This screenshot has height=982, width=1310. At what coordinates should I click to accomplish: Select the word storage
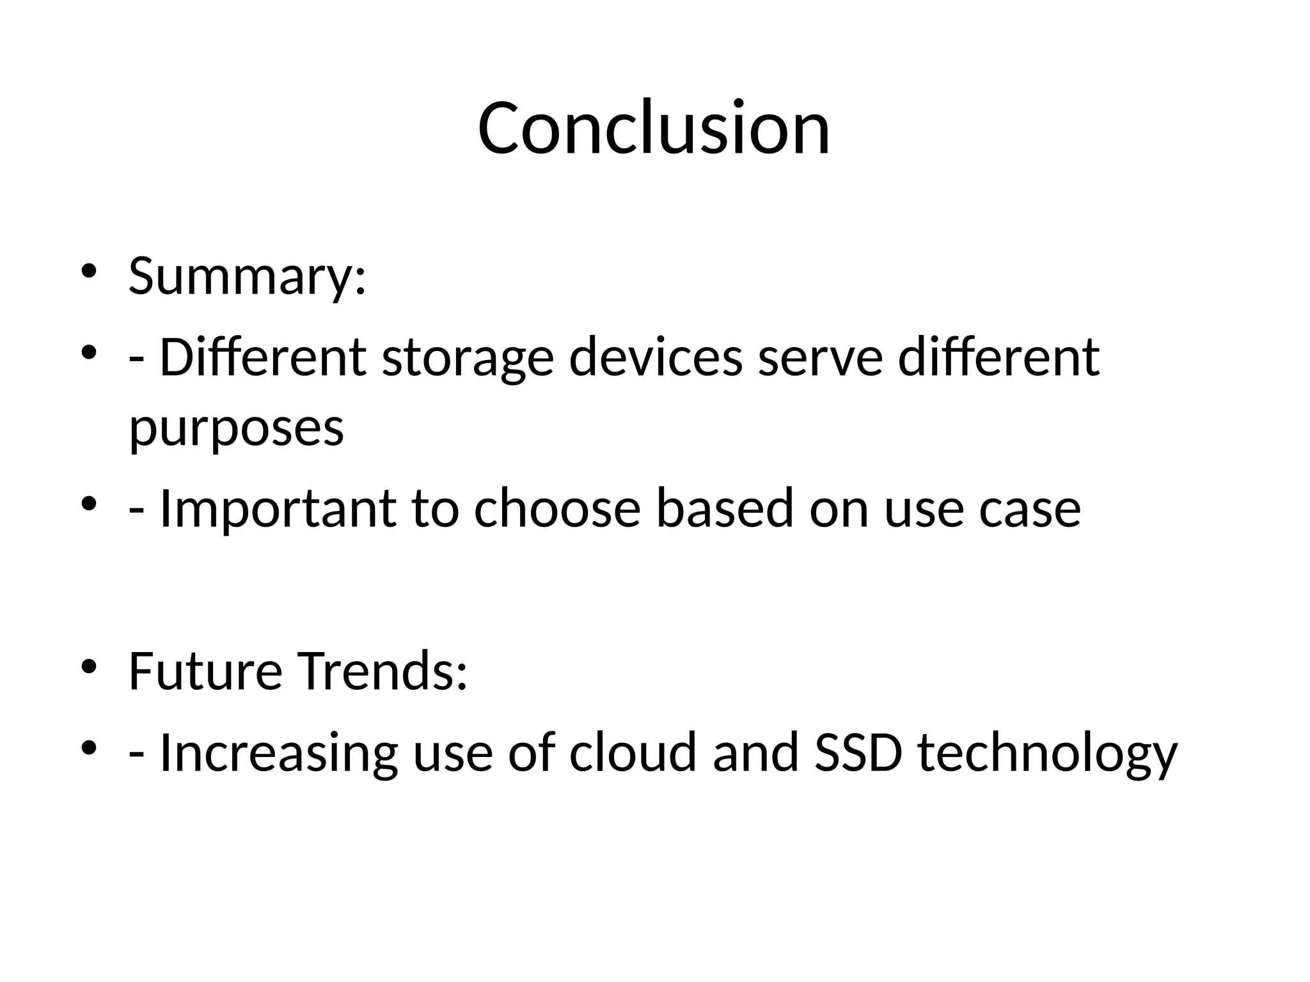point(468,358)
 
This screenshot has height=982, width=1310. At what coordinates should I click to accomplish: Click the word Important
point(277,509)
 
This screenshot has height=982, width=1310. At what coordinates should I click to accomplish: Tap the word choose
point(557,509)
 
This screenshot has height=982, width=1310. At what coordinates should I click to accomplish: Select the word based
point(725,509)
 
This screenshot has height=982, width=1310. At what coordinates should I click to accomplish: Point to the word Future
point(205,671)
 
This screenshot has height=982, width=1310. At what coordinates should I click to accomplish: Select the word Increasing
point(278,753)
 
